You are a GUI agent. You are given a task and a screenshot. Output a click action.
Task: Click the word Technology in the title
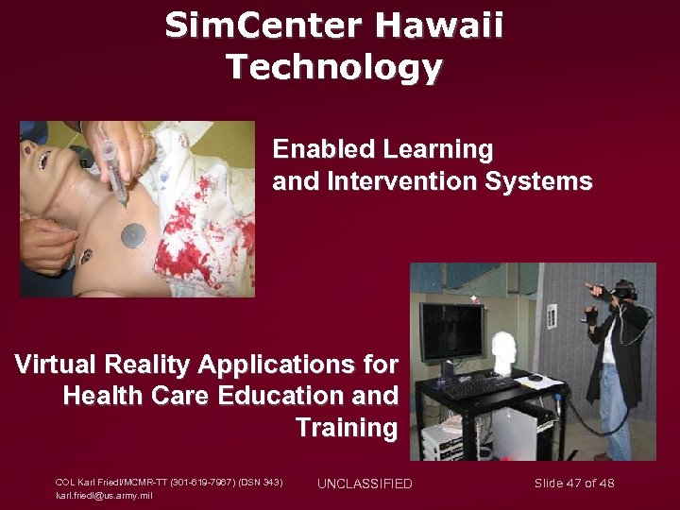[x=333, y=68]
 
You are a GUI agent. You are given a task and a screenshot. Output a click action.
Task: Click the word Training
[x=347, y=428]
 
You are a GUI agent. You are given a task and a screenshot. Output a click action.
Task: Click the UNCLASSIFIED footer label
[x=365, y=484]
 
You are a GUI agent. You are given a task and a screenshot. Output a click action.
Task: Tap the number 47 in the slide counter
[x=574, y=484]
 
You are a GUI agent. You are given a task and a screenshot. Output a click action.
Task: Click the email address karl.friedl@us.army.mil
[x=104, y=495]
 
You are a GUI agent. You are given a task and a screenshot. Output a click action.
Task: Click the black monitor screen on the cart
[x=451, y=330]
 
